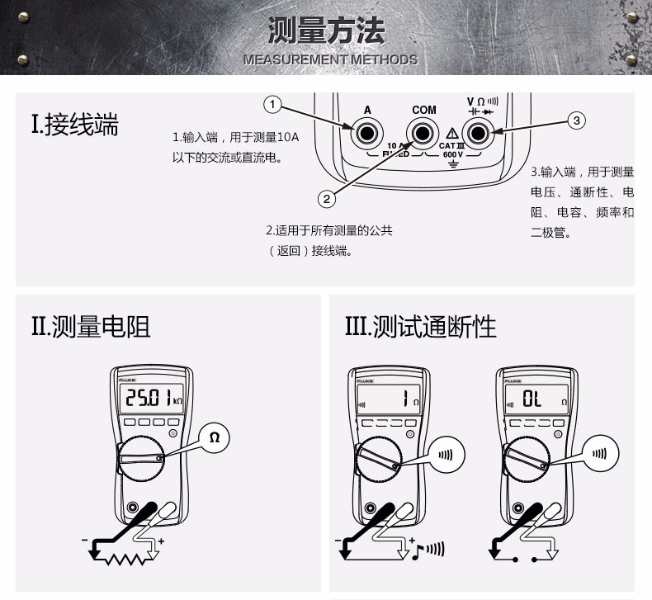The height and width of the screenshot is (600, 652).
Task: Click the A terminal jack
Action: pos(366,131)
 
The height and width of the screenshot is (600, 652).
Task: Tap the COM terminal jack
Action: pos(423,131)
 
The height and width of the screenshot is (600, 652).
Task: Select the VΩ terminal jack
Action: pos(476,131)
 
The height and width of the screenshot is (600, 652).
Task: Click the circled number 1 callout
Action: pos(273,105)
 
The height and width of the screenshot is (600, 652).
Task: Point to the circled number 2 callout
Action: pos(327,198)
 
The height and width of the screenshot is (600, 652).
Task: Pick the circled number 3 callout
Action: pos(577,120)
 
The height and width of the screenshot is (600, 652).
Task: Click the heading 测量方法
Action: pos(327,31)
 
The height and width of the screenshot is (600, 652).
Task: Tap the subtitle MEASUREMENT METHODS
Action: pos(330,59)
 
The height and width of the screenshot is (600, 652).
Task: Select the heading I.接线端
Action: pos(75,125)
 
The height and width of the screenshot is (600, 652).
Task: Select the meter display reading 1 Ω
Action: pos(389,402)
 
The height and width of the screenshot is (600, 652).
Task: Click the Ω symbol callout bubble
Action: pos(214,438)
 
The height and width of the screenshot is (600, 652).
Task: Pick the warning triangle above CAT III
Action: pos(452,133)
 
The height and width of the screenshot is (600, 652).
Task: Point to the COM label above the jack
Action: pos(423,110)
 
